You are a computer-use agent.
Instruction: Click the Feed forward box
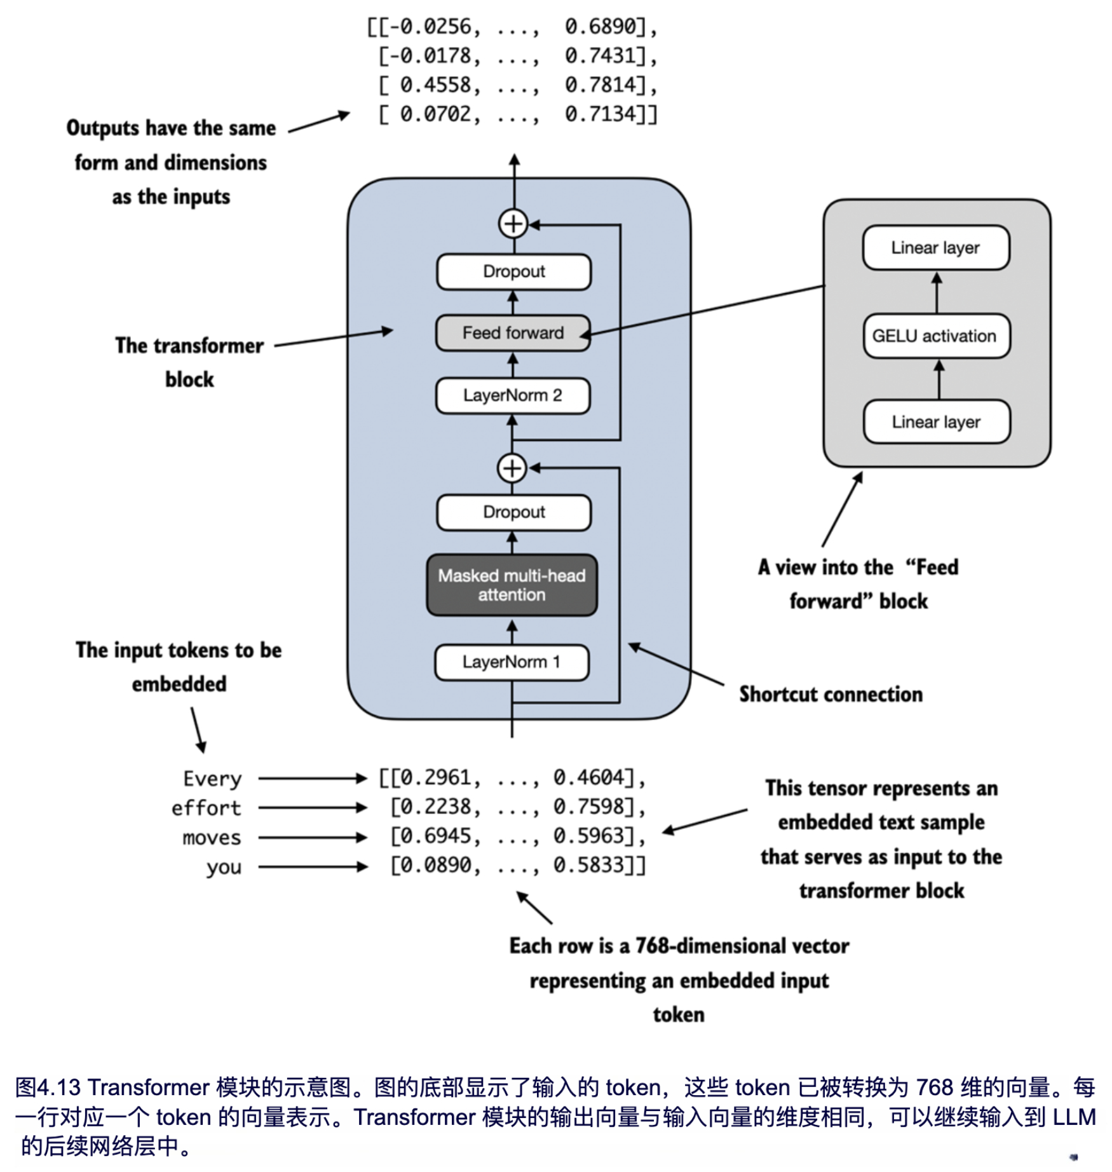pyautogui.click(x=513, y=333)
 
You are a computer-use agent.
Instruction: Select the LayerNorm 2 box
pyautogui.click(x=513, y=395)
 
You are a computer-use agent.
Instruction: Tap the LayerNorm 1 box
pyautogui.click(x=512, y=662)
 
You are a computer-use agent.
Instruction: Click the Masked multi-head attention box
pyautogui.click(x=512, y=585)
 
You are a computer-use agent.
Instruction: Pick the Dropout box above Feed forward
pyautogui.click(x=513, y=271)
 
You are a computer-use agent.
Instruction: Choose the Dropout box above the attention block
pyautogui.click(x=513, y=512)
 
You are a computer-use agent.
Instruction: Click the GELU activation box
pyautogui.click(x=935, y=336)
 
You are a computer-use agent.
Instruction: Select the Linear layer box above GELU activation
pyautogui.click(x=935, y=247)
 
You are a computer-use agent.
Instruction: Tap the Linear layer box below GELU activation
pyautogui.click(x=936, y=421)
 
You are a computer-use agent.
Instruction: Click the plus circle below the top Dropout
pyautogui.click(x=513, y=224)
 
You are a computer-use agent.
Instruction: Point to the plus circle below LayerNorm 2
pyautogui.click(x=512, y=468)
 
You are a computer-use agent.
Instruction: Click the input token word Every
pyautogui.click(x=212, y=779)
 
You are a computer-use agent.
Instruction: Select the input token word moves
pyautogui.click(x=212, y=838)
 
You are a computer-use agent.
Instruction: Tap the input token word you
pyautogui.click(x=224, y=867)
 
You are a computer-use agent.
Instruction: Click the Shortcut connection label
pyautogui.click(x=831, y=694)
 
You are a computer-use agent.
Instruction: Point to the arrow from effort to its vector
pyautogui.click(x=313, y=808)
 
